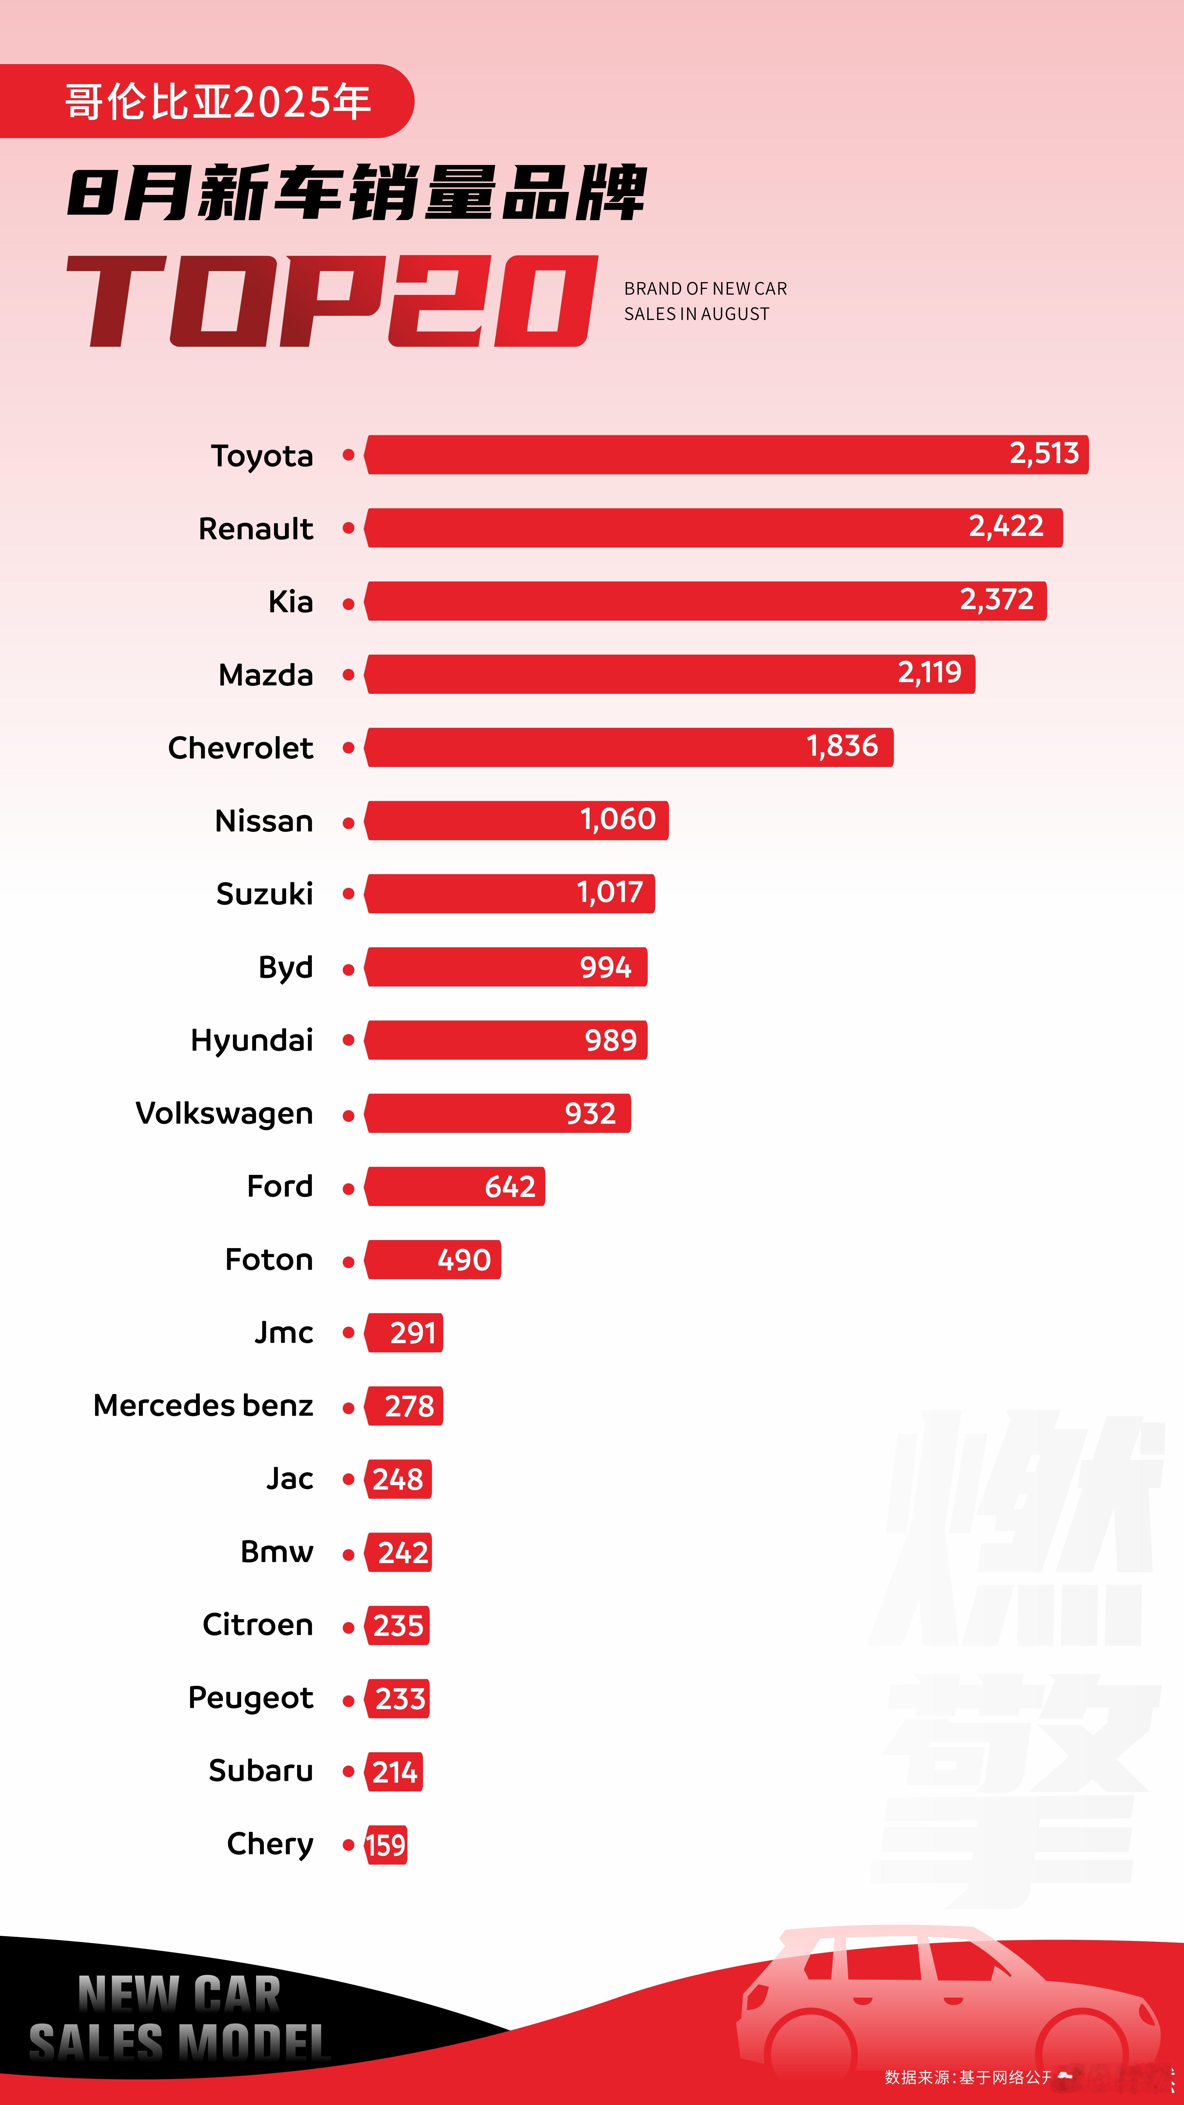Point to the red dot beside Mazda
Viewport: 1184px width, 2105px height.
click(348, 675)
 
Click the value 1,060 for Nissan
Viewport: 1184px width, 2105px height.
click(618, 820)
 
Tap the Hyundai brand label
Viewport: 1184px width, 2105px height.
click(252, 1040)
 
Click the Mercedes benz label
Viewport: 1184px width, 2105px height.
click(203, 1406)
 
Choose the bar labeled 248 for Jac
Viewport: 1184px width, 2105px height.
click(398, 1479)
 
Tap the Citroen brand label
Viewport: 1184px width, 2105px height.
click(257, 1625)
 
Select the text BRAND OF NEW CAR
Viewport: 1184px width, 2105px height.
click(705, 288)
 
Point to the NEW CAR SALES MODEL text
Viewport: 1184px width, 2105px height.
click(180, 2018)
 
